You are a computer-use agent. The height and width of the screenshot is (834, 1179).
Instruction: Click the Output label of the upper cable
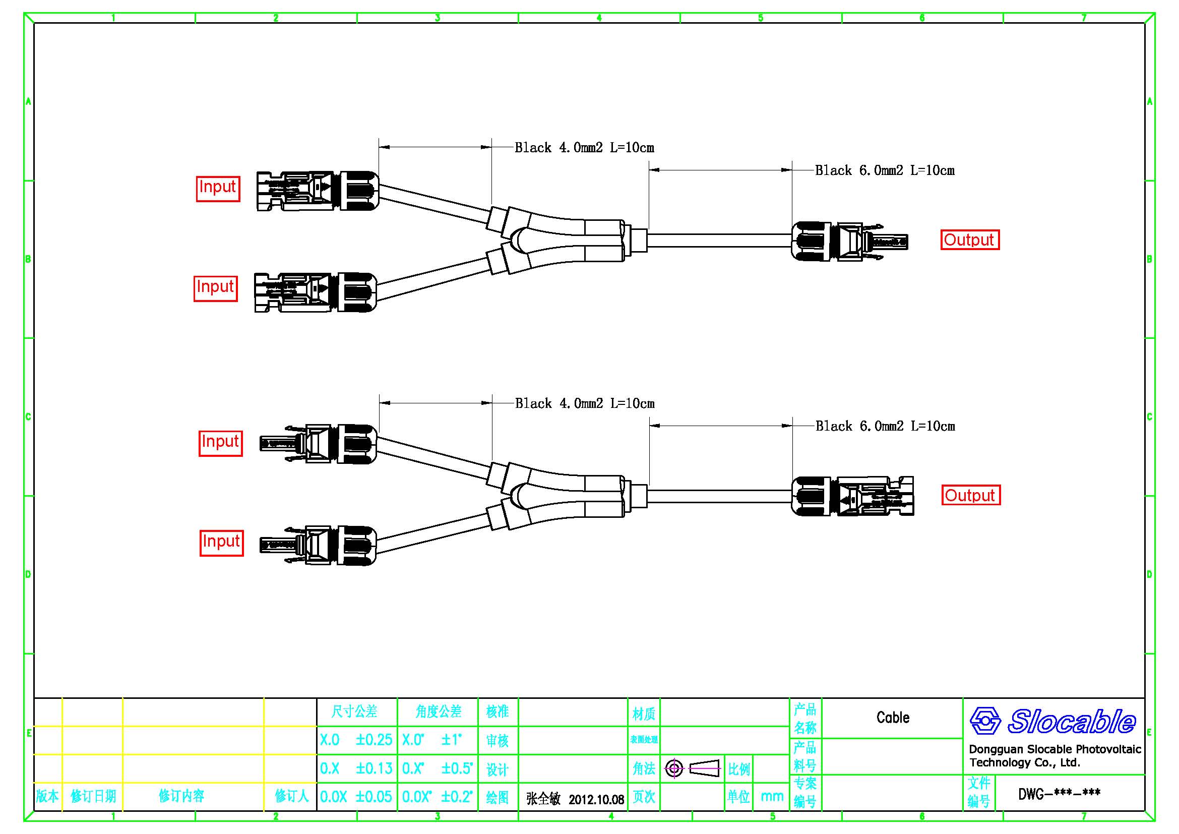969,240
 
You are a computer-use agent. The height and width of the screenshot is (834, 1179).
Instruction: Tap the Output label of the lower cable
970,495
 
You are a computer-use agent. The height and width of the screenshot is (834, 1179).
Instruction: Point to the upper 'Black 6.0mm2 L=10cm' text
884,170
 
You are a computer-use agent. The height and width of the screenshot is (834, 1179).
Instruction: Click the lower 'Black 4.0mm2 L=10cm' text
584,404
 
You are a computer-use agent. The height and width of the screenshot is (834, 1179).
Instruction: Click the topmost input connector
318,191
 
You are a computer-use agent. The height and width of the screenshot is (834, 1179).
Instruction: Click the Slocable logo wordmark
1071,721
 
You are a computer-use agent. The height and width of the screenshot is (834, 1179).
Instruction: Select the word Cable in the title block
893,718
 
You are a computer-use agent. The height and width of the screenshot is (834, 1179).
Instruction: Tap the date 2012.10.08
596,800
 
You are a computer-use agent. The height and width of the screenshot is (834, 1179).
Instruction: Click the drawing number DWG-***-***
1059,794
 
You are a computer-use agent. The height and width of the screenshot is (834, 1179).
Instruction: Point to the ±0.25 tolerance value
374,740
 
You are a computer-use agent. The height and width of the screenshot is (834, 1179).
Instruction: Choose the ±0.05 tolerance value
374,797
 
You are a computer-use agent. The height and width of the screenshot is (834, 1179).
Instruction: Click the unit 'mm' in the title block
772,797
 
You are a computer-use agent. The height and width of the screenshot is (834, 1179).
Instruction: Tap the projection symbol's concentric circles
674,769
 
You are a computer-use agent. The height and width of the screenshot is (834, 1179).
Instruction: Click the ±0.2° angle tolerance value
457,797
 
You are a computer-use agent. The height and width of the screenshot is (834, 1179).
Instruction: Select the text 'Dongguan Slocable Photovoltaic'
1054,749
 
